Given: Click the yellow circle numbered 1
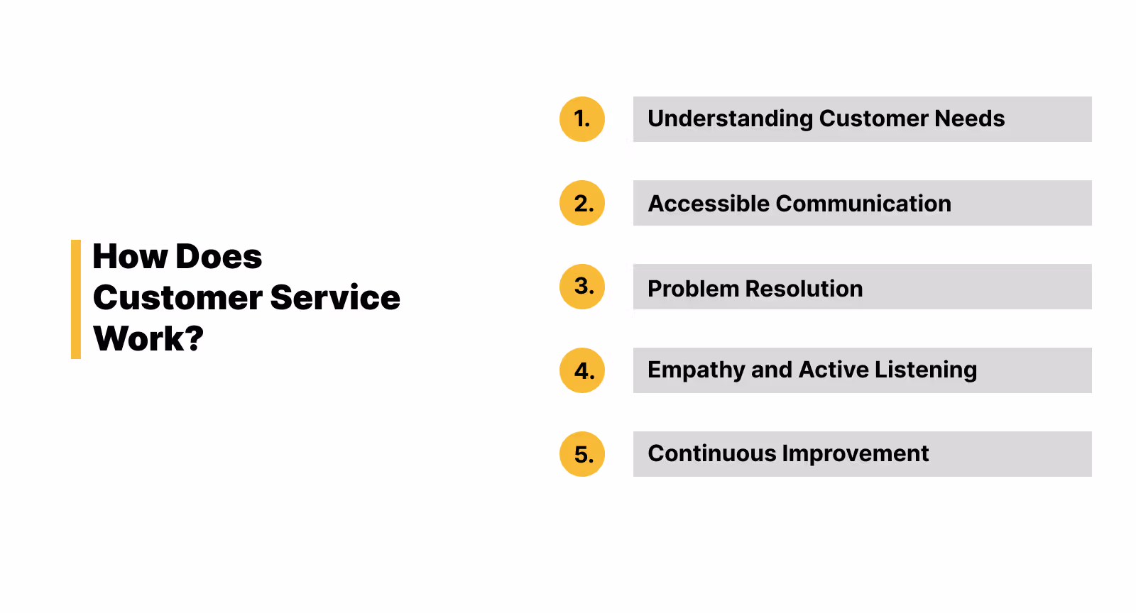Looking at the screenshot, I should click(581, 119).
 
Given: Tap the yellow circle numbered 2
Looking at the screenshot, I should click(581, 203).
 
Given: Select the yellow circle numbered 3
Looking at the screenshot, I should click(581, 287).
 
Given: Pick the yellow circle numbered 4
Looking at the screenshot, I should click(581, 370).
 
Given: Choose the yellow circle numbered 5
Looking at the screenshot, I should click(581, 454).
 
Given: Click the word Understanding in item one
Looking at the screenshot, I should click(730, 119).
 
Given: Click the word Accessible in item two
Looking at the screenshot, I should click(709, 204).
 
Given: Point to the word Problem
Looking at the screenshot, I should click(693, 289).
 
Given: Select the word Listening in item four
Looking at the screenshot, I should click(926, 370).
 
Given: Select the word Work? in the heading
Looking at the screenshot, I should click(148, 339).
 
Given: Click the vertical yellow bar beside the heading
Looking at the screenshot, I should click(76, 299).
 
